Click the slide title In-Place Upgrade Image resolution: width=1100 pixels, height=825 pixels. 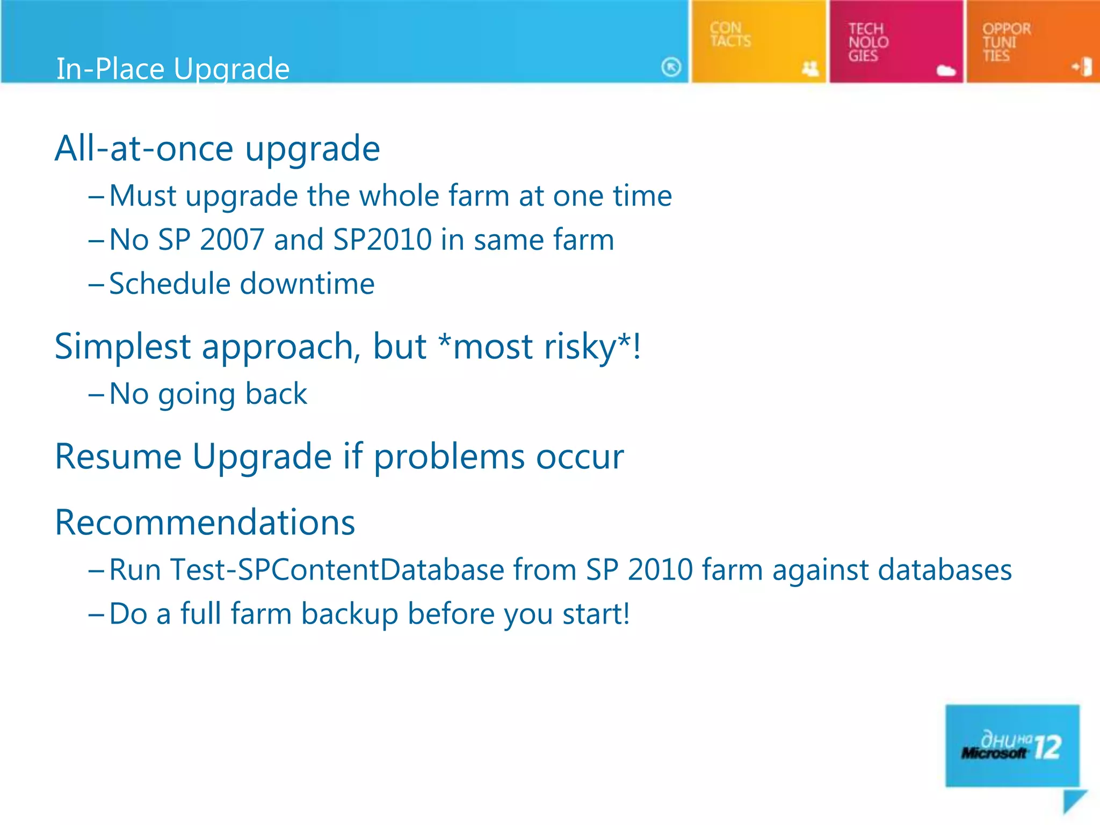(172, 69)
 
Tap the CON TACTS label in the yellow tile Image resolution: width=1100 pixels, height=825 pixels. (730, 34)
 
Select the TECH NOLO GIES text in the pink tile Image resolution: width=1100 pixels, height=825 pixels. (868, 42)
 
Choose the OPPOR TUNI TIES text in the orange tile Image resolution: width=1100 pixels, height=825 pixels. (1006, 42)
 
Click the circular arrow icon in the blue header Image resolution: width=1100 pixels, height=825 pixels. (671, 67)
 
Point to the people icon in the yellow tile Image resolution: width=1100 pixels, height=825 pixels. (810, 68)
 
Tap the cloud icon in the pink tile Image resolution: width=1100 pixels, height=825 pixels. (946, 70)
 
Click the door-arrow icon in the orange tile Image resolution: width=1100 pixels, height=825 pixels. (1082, 67)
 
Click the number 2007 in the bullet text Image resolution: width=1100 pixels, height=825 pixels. (231, 240)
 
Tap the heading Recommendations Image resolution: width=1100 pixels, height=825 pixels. (205, 523)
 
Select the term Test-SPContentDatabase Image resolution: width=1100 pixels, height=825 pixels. (336, 570)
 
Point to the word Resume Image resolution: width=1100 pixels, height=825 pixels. (119, 457)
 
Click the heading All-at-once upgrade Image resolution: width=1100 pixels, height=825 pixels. (217, 149)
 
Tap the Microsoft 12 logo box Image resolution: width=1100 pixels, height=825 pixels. (1012, 746)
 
